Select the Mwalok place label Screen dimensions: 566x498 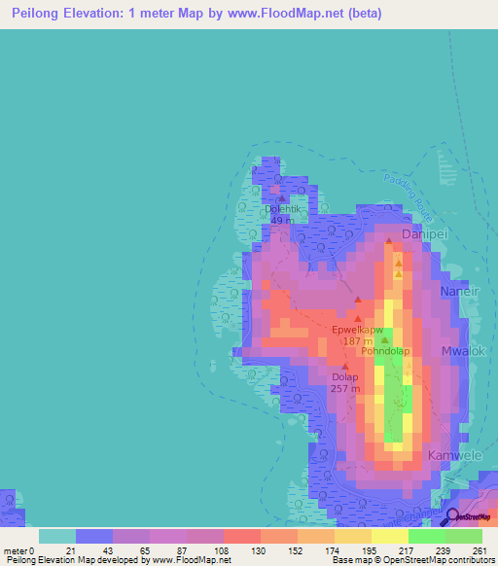[x=463, y=350]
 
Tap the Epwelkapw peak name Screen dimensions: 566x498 [x=357, y=330]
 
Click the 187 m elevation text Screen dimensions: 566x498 [x=357, y=341]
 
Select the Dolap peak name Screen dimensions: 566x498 [x=345, y=377]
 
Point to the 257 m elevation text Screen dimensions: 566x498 [x=345, y=389]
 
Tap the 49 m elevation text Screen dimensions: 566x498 [x=279, y=220]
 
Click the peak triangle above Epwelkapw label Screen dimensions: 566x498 [x=358, y=318]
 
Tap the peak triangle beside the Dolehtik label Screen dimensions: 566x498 [x=282, y=197]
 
